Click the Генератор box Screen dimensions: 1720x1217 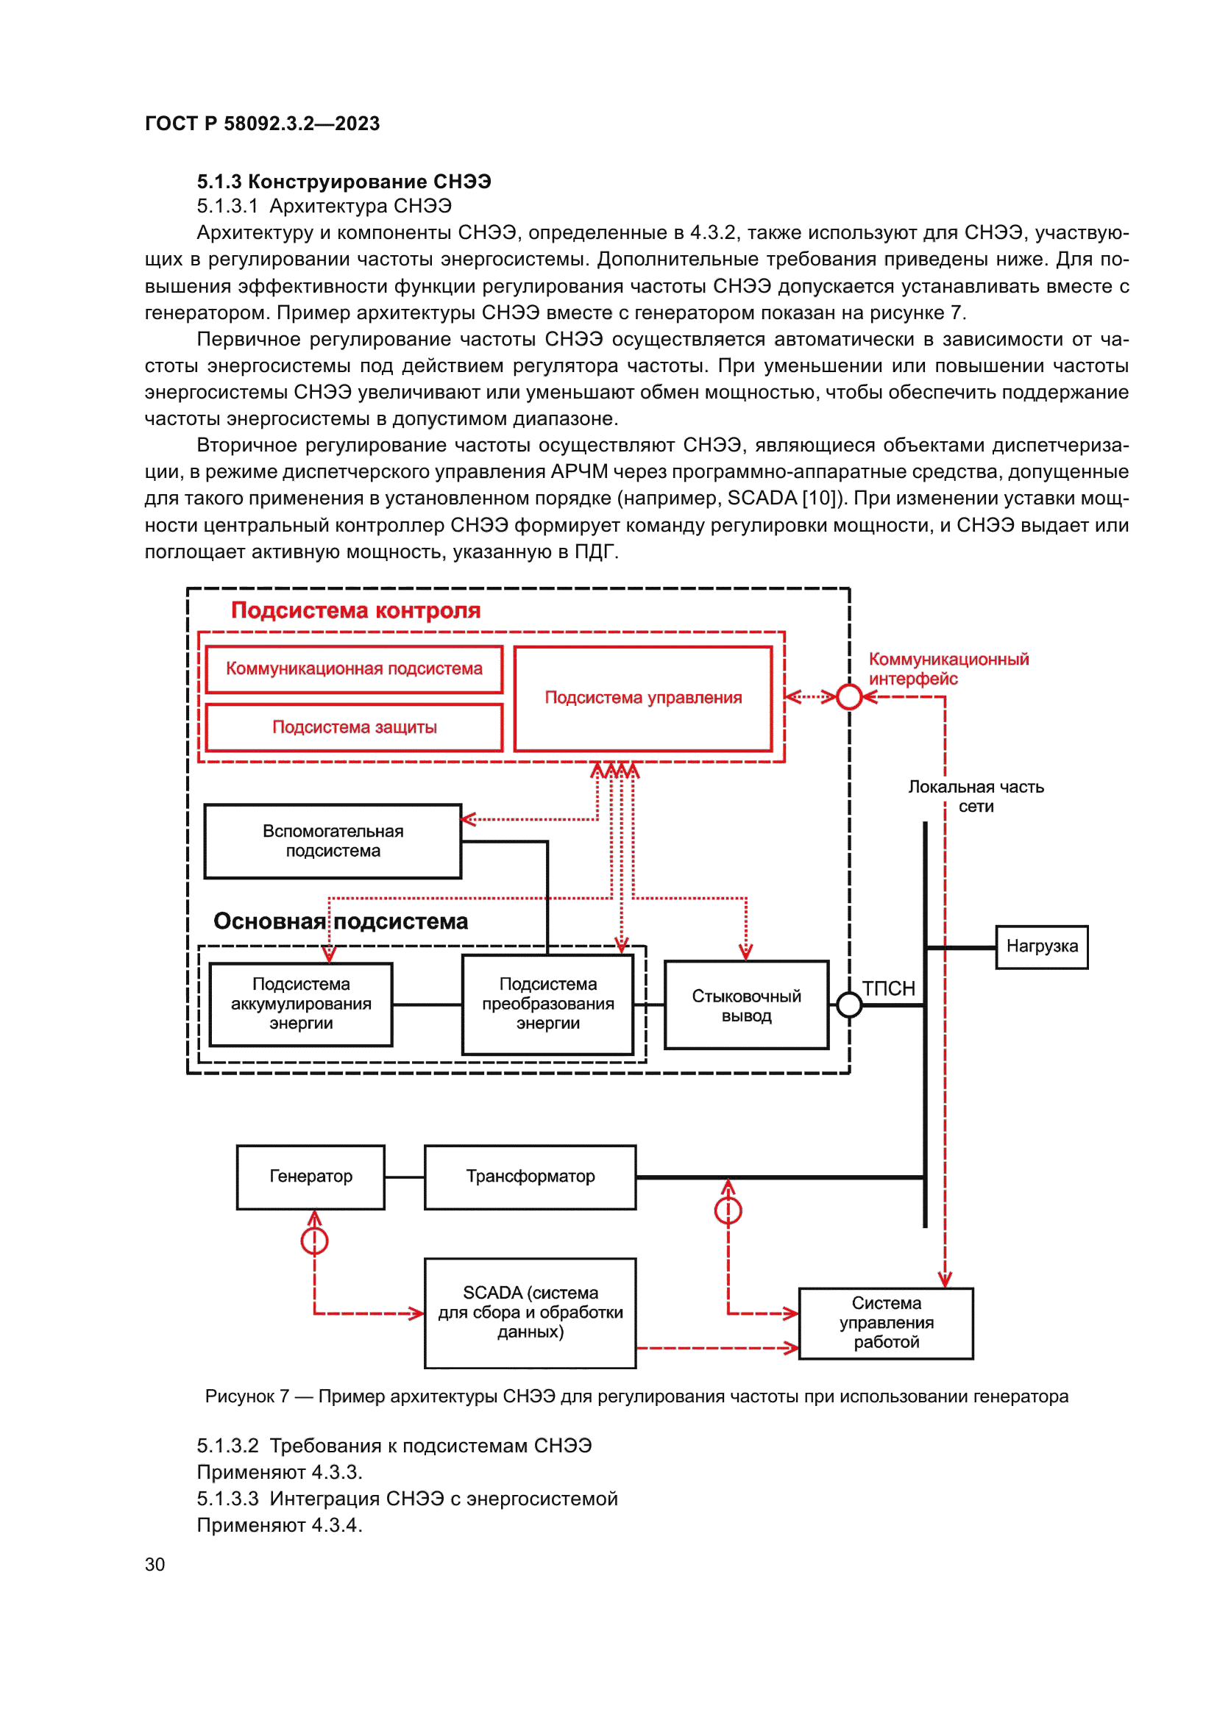311,1177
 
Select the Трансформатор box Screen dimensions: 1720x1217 530,1177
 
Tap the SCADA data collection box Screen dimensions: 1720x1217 530,1313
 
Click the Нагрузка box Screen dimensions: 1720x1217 1041,947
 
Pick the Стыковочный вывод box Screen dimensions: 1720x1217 745,1005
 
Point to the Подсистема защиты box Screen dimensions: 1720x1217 354,727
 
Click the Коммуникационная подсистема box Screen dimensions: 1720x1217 354,669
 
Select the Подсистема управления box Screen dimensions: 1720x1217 643,698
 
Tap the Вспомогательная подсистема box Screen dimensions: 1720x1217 333,841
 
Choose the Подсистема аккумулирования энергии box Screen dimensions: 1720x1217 300,1004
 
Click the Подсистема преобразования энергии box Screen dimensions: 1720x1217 548,1004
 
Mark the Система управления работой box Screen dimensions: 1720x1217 886,1323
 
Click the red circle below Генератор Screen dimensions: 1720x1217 314,1241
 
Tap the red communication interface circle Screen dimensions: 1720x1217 849,697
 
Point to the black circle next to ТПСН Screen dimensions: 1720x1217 849,1005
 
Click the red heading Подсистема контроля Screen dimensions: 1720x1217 355,611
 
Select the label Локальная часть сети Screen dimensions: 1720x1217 976,796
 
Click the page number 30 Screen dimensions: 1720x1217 155,1565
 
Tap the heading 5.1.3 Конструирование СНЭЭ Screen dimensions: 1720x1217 344,182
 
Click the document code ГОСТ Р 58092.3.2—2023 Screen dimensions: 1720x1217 262,124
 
